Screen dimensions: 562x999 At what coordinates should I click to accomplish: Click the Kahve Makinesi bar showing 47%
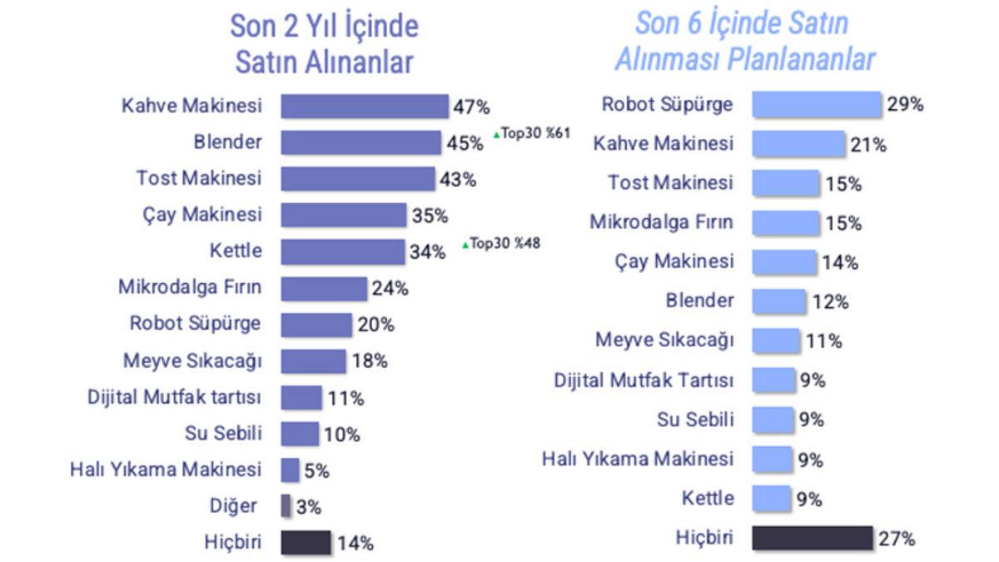[x=364, y=106]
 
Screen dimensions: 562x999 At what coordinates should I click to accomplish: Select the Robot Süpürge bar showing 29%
[x=816, y=105]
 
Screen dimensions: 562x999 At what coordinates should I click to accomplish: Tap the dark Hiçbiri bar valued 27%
[x=812, y=539]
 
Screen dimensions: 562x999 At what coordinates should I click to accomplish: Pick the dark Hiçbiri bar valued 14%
[x=306, y=543]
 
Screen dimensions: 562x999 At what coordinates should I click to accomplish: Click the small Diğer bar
[x=286, y=506]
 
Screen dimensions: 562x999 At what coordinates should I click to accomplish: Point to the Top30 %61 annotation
[x=532, y=133]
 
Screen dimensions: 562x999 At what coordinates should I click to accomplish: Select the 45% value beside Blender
[x=465, y=143]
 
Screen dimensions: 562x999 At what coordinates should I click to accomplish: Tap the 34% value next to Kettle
[x=428, y=251]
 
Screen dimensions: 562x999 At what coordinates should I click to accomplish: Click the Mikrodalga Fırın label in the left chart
[x=190, y=288]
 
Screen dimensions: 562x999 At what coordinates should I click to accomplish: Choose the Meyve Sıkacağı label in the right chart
[x=664, y=340]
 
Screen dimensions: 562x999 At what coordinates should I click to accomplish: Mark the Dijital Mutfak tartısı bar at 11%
[x=301, y=397]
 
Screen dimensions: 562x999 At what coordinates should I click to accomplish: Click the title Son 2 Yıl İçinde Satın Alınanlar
[x=324, y=44]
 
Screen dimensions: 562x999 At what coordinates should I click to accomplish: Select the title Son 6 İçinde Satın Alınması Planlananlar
[x=743, y=41]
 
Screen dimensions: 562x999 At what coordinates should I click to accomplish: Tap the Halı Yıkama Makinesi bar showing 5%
[x=290, y=470]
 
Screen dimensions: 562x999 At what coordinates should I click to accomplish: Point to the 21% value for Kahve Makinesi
[x=868, y=145]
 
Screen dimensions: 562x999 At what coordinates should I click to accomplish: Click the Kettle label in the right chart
[x=708, y=499]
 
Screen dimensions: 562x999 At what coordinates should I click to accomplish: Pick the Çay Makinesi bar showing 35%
[x=343, y=215]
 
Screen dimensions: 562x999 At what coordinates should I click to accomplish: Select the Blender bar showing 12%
[x=778, y=301]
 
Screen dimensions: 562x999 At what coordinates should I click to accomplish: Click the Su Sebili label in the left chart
[x=223, y=434]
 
